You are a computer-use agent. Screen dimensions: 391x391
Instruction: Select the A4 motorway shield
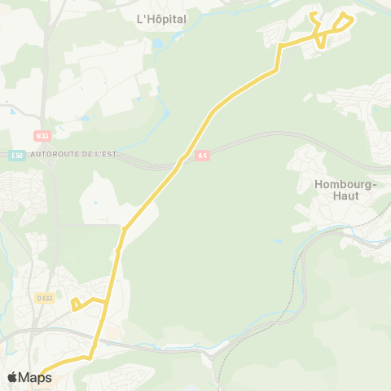[203, 154]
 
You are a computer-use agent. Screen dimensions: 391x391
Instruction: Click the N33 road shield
[42, 135]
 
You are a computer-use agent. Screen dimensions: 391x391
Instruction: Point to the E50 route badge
[17, 155]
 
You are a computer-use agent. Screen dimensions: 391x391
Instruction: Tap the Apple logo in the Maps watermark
[12, 377]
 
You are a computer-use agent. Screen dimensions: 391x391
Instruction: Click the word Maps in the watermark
[36, 377]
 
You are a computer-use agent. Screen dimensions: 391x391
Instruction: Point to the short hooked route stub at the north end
[313, 18]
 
